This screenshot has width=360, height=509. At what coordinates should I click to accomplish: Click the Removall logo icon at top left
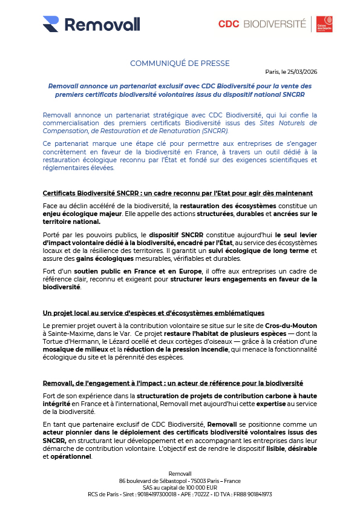tap(51, 24)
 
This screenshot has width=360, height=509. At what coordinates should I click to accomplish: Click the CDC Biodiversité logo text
tap(262, 24)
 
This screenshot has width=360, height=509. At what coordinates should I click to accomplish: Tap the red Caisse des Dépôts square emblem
tap(325, 24)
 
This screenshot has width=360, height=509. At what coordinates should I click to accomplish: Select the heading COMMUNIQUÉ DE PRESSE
tap(180, 64)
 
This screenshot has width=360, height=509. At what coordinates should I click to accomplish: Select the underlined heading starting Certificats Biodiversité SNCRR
tap(177, 193)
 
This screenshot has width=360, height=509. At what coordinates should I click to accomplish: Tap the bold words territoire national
tap(71, 222)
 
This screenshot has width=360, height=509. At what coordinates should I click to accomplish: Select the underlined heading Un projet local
tap(153, 313)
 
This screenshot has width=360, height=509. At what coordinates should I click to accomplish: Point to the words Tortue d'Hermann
tap(66, 342)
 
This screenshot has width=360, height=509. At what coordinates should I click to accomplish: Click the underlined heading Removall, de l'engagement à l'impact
tap(172, 383)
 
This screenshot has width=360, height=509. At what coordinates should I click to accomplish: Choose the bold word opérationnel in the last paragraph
tap(70, 456)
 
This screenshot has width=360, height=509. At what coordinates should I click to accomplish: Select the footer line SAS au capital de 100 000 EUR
tap(180, 487)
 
